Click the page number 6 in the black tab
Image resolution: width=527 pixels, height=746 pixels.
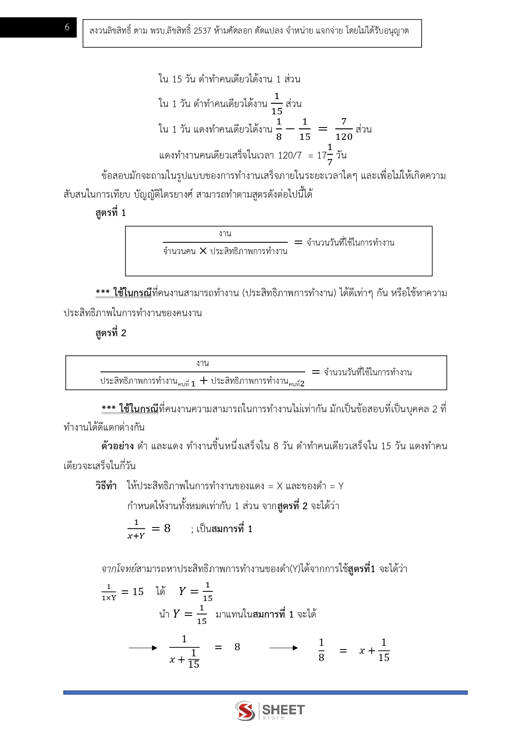coord(67,27)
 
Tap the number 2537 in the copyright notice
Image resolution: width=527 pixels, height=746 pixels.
coord(202,31)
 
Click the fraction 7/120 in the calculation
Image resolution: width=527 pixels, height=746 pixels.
coord(344,129)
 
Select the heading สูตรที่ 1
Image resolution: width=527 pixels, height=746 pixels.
coord(110,213)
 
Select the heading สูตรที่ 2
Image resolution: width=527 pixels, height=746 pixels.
coord(110,333)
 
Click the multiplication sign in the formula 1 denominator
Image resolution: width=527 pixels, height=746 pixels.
coord(203,251)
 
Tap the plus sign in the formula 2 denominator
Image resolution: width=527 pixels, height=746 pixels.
coord(204,381)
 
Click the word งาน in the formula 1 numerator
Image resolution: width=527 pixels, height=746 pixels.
coord(225,233)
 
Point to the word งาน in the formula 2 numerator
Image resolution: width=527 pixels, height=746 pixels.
coord(203,363)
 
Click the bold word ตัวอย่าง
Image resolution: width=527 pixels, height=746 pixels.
coord(118,446)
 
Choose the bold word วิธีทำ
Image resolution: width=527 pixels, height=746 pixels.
coord(106,486)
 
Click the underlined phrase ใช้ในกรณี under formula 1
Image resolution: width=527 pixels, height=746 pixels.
coord(132,293)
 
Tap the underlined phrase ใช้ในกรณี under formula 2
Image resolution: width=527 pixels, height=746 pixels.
coord(138,409)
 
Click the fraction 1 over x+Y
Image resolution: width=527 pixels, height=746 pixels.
coord(136,529)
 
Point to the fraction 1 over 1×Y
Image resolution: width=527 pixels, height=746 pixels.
coord(109,592)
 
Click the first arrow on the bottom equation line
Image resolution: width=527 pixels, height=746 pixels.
coord(143,648)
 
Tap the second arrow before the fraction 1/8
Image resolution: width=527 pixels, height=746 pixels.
coord(283,648)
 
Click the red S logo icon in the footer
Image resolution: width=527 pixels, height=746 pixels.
coord(245,711)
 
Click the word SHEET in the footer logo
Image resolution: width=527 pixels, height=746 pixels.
coord(283,709)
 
